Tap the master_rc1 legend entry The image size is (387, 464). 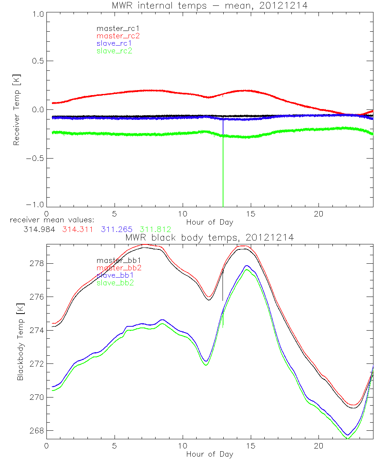coord(114,28)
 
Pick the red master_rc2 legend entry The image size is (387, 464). coord(118,36)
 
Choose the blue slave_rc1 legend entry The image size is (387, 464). coord(114,43)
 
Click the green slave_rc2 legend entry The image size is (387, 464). coord(114,51)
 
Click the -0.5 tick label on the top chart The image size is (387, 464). coord(35,159)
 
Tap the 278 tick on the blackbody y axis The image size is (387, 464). coord(37,263)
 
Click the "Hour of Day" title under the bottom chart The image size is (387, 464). coord(209,454)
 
